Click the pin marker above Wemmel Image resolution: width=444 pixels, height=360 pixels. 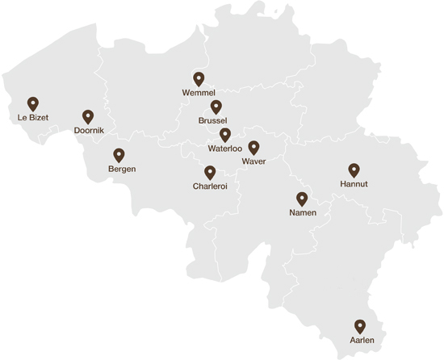pos(199,79)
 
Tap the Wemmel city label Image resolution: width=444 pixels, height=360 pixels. pos(199,93)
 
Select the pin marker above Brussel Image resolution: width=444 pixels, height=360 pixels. pos(216,107)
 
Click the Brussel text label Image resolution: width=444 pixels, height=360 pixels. pos(212,120)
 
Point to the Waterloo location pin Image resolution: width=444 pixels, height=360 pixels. pos(225,135)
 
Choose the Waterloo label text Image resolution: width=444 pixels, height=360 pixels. pos(225,149)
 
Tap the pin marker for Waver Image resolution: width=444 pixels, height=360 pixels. pos(253,147)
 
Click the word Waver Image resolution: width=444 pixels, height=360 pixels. pos(253,161)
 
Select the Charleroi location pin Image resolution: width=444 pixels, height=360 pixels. pos(210,172)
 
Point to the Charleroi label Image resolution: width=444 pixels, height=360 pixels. pos(210,186)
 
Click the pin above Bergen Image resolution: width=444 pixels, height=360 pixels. pos(119,155)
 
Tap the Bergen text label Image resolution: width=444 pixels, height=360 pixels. pos(122,169)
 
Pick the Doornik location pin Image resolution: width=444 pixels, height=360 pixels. pos(88,117)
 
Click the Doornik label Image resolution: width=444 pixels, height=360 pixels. pos(88,131)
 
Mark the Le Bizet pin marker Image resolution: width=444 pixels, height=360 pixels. pos(33,104)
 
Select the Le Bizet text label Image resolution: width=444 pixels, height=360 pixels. pos(33,118)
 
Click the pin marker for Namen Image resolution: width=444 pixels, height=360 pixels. pos(302,199)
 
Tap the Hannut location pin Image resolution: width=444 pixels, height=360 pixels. pos(354,170)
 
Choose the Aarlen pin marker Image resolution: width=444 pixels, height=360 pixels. pos(360,326)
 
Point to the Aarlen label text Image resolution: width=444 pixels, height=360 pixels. pos(362,341)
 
